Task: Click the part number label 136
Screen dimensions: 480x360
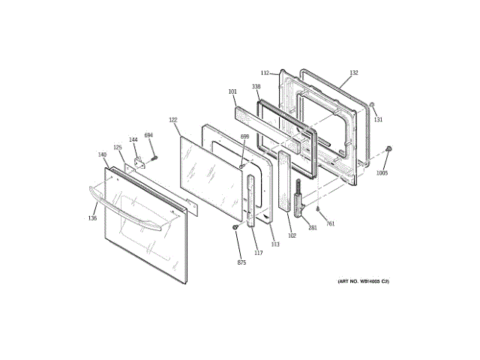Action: (x=92, y=218)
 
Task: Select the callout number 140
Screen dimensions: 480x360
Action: (x=102, y=154)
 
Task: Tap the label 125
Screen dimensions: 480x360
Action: (x=117, y=148)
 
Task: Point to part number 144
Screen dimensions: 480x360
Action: (x=133, y=139)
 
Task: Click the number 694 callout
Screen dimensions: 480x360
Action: (x=148, y=135)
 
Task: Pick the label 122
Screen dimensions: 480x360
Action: (x=172, y=120)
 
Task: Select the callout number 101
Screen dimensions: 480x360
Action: (x=232, y=93)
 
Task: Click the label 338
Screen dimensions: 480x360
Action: (x=256, y=87)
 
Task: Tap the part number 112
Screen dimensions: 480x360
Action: (x=265, y=73)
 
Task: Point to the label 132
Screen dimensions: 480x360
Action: (x=354, y=73)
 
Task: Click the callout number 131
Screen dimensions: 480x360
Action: (x=378, y=119)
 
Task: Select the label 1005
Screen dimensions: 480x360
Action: (x=382, y=172)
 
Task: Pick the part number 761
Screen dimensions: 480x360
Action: (x=330, y=223)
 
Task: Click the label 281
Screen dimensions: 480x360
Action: (x=313, y=228)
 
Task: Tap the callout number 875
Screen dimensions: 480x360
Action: (x=241, y=262)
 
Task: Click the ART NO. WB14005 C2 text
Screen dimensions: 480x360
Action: (x=363, y=281)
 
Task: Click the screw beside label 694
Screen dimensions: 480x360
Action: (x=154, y=157)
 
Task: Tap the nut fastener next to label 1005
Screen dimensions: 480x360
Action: (x=388, y=151)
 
